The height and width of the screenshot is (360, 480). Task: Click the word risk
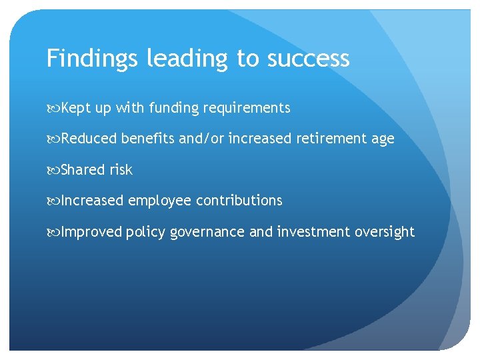[x=121, y=170]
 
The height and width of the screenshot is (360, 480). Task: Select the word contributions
[x=239, y=201]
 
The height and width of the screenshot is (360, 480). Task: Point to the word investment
[x=313, y=232]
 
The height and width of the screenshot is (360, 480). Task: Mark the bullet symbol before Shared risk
[x=53, y=170]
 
